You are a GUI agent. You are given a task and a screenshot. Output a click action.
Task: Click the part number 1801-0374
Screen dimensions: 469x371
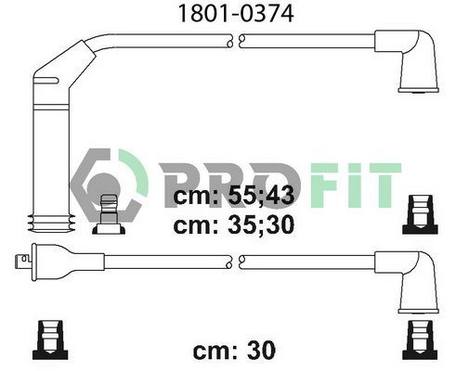click(x=236, y=13)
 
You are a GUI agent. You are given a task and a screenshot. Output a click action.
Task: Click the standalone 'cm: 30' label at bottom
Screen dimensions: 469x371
click(x=234, y=350)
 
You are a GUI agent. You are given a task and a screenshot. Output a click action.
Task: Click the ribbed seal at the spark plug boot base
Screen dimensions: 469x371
click(x=51, y=224)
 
